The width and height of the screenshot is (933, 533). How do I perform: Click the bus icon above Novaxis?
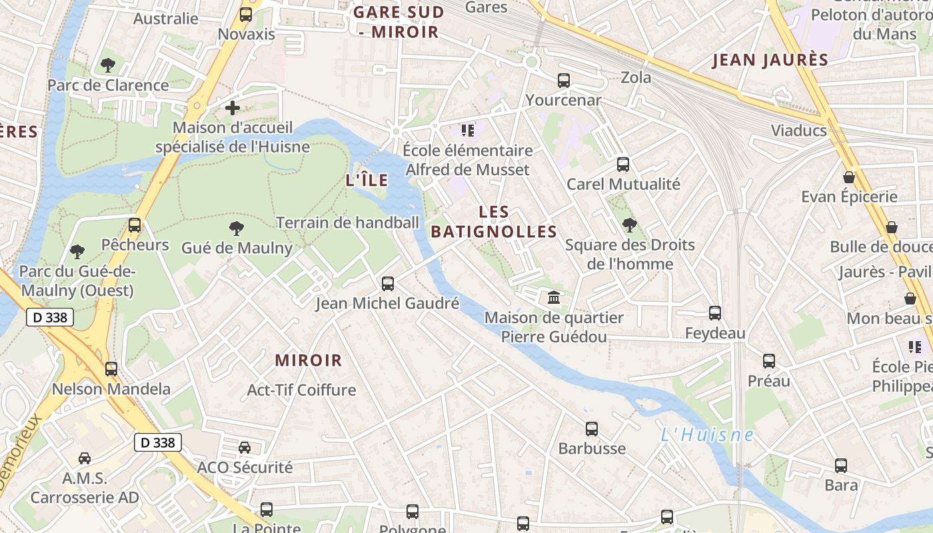point(246,14)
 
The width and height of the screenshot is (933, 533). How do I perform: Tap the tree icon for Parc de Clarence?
point(107,65)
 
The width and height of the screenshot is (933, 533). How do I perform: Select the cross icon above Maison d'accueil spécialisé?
point(232,107)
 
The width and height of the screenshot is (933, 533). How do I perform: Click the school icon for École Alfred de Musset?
point(467,131)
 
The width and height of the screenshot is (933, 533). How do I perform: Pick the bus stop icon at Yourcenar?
point(564,81)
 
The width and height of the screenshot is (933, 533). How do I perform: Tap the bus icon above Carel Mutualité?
point(623,164)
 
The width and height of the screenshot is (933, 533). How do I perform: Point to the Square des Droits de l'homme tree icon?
point(629,225)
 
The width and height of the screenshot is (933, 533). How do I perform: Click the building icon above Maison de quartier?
point(553,297)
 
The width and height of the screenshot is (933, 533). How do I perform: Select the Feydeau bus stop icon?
point(715,312)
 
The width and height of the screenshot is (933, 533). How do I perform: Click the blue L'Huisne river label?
point(706,435)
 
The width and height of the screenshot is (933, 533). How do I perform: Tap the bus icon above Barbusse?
point(592,429)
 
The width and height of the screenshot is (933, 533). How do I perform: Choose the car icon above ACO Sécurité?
point(245,447)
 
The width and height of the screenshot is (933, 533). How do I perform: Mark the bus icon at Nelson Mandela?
point(111,368)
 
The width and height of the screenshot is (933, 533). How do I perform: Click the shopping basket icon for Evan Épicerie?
point(849,177)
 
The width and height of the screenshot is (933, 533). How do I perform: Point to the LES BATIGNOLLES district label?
point(494,222)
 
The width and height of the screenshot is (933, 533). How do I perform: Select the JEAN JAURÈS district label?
point(770,60)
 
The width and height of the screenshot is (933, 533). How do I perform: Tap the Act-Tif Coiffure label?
point(301,390)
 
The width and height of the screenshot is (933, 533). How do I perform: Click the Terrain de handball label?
point(347,223)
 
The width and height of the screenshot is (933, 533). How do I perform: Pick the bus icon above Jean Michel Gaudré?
point(388,284)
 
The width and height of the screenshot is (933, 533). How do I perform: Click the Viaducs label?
point(798,130)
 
